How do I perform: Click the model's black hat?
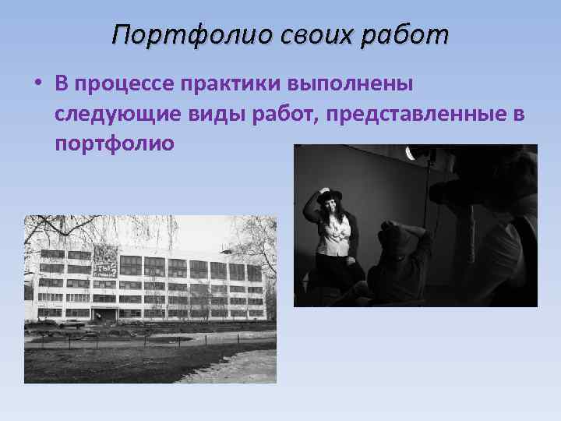[x=330, y=194]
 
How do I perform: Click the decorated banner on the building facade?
[x=104, y=260]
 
